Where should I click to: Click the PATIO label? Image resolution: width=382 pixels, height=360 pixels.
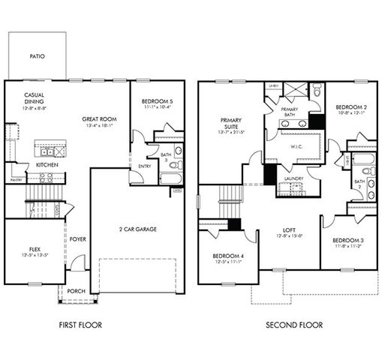click(37, 56)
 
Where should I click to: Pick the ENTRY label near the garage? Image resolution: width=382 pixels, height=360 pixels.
click(144, 167)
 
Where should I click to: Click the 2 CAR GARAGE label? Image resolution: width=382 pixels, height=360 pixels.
click(138, 229)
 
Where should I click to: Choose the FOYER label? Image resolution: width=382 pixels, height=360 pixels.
click(79, 241)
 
